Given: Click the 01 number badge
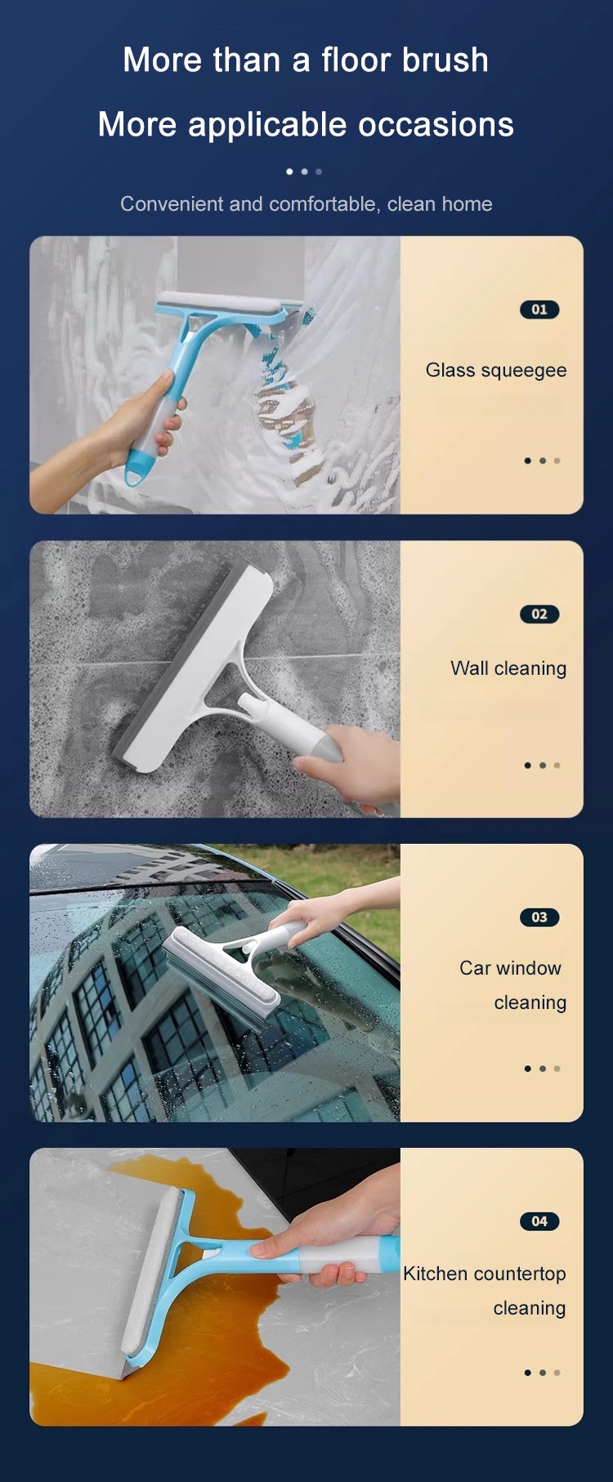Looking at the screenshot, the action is pyautogui.click(x=539, y=310).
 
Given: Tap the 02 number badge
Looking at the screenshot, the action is pyautogui.click(x=539, y=614).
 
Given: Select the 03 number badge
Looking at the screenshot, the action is pyautogui.click(x=539, y=917).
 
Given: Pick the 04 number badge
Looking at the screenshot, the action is pyautogui.click(x=539, y=1221).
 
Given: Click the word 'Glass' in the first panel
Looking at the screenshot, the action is pyautogui.click(x=450, y=370).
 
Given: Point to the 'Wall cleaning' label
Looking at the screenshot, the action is pyautogui.click(x=508, y=668).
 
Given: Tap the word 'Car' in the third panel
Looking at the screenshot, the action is pyautogui.click(x=474, y=968).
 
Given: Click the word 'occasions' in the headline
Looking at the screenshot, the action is pyautogui.click(x=436, y=125).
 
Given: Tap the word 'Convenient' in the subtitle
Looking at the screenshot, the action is pyautogui.click(x=172, y=204).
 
